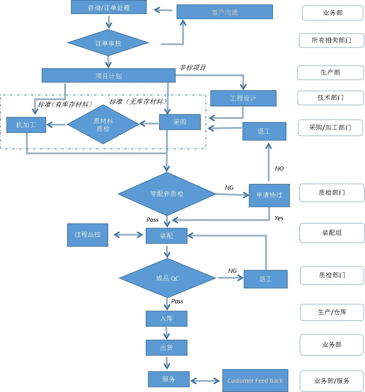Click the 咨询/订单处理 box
[x=109, y=7]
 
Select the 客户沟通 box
[x=225, y=12]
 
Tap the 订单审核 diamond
[x=108, y=43]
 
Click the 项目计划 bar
[x=109, y=76]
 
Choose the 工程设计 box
[x=243, y=98]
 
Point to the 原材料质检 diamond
[x=103, y=125]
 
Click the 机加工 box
[x=26, y=125]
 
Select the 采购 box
[x=180, y=122]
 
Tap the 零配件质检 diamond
[x=167, y=194]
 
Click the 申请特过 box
[x=269, y=195]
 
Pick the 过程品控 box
[x=88, y=235]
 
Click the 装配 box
[x=166, y=236]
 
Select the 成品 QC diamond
[x=167, y=278]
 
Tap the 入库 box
[x=166, y=318]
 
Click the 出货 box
[x=166, y=347]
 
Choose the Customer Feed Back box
[x=255, y=381]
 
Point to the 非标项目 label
[x=193, y=68]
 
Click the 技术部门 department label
[x=330, y=98]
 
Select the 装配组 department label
[x=332, y=233]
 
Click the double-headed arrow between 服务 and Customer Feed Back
[x=205, y=381]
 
